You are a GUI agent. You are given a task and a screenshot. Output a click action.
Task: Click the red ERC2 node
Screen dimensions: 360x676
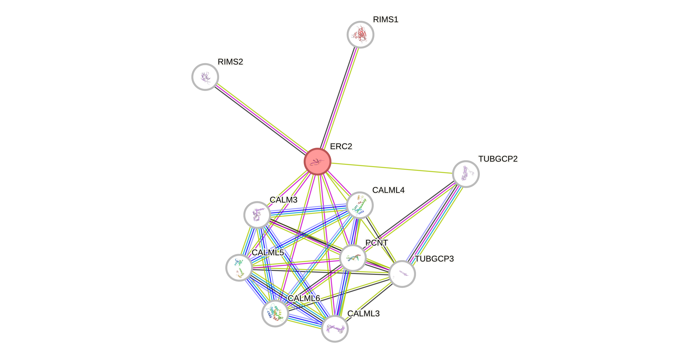click(318, 161)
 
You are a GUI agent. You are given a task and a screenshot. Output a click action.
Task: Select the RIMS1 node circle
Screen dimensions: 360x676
click(360, 35)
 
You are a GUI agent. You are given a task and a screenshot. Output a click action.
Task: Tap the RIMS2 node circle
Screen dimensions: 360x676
click(205, 77)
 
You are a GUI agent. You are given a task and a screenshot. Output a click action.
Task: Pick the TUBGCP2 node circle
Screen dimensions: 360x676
click(466, 174)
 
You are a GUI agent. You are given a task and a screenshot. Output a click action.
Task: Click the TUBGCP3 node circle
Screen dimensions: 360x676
click(402, 274)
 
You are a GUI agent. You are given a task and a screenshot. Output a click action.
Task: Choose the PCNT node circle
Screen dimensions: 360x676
click(353, 258)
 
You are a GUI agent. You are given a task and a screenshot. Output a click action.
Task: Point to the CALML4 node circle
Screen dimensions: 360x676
click(359, 205)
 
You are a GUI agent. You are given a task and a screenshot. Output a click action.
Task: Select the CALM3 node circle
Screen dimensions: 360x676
click(257, 215)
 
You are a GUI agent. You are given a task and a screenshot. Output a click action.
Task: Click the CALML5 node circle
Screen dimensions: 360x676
click(239, 268)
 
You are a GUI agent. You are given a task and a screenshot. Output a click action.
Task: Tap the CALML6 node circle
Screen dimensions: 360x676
click(275, 313)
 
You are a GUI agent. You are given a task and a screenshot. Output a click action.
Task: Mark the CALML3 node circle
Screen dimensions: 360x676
click(335, 329)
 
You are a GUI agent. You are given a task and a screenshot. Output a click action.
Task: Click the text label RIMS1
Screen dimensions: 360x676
click(385, 19)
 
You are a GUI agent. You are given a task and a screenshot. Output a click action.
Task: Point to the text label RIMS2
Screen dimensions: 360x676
click(230, 62)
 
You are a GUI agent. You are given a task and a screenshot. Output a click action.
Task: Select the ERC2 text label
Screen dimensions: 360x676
click(341, 146)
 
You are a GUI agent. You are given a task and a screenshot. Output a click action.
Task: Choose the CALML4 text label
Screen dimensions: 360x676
click(388, 190)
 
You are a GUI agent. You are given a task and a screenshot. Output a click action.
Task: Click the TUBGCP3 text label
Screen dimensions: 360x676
click(434, 259)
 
